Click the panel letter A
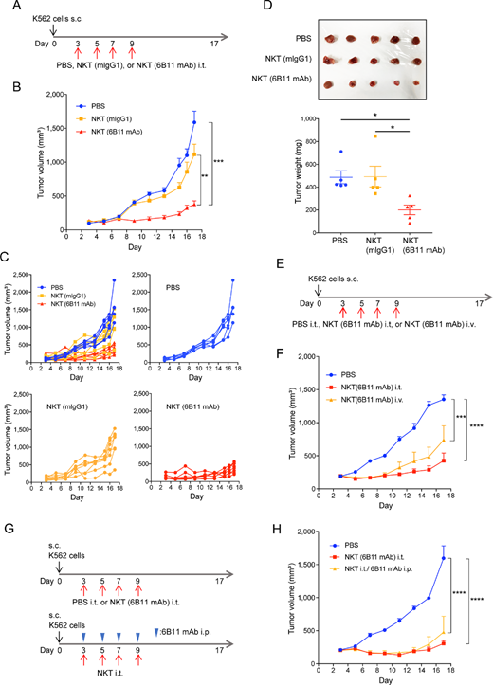pyautogui.click(x=7, y=8)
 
